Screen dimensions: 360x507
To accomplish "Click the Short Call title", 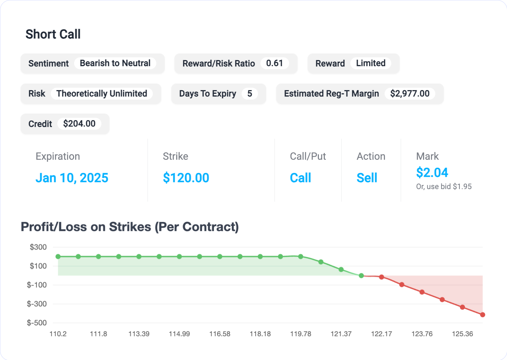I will [53, 34].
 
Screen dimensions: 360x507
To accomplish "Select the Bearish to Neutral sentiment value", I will [115, 63].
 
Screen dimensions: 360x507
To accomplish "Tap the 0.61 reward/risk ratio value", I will [274, 63].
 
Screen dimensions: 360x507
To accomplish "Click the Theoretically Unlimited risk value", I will [102, 94].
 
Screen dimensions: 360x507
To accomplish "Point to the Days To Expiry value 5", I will [250, 94].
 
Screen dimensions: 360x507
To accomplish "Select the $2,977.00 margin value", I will [410, 94].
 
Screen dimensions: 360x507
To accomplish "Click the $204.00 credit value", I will [79, 124].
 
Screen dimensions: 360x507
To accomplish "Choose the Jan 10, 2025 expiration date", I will [72, 178].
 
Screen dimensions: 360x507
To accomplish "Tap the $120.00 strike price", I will [186, 178].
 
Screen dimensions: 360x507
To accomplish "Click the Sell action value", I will [367, 178].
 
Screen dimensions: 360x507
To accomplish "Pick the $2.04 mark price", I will [432, 173].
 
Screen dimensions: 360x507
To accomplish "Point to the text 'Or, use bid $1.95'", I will [444, 187].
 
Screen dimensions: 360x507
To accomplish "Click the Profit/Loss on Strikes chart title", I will [130, 227].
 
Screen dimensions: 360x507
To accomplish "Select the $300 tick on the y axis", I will [38, 247].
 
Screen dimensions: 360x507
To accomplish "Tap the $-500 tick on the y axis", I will [37, 323].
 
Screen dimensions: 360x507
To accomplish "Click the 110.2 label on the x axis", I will [58, 334].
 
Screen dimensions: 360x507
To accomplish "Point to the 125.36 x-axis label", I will [462, 334].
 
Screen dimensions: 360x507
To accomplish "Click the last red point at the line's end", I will [483, 315].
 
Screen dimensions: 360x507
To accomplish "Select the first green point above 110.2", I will [58, 257].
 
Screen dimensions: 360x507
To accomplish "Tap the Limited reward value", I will [371, 63].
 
